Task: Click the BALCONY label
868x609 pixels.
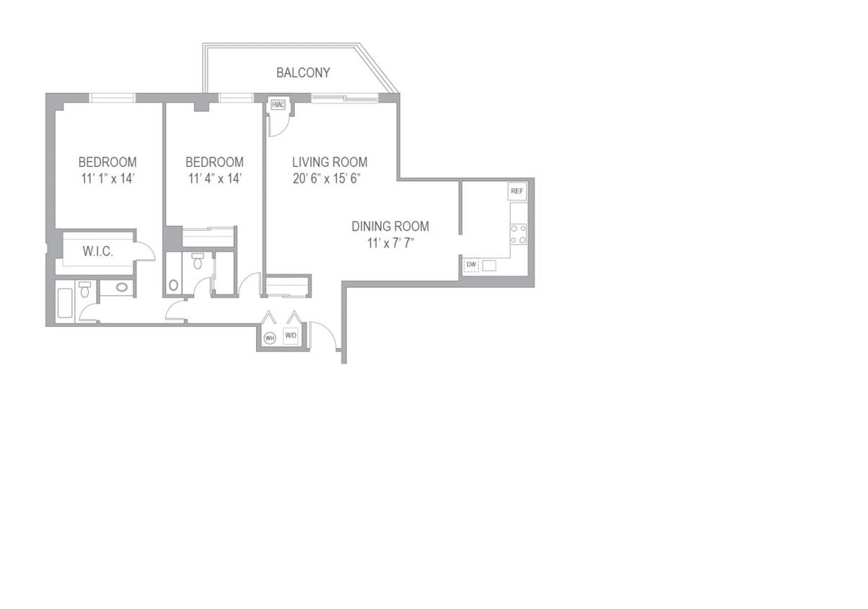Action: tap(303, 73)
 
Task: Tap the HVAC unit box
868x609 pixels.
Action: tap(279, 105)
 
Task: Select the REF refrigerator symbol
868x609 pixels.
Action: tap(517, 192)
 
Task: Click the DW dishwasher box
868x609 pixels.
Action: tap(470, 265)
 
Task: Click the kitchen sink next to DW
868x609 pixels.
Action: tap(489, 266)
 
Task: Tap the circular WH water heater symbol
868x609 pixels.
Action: tap(270, 337)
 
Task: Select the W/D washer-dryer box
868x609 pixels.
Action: tap(291, 336)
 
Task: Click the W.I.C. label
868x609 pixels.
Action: tap(97, 252)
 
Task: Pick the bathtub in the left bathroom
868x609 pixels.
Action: tap(64, 303)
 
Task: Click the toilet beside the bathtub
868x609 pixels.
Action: tap(85, 291)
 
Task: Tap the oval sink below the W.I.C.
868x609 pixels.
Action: tap(123, 289)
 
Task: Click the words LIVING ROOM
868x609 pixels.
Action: tap(329, 162)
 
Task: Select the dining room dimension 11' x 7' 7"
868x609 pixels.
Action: tap(390, 243)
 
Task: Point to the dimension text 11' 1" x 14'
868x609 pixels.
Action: tap(107, 179)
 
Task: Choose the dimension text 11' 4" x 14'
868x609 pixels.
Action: tap(214, 179)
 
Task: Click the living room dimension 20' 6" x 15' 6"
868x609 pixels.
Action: tap(327, 179)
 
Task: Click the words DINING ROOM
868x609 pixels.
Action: tap(390, 227)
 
